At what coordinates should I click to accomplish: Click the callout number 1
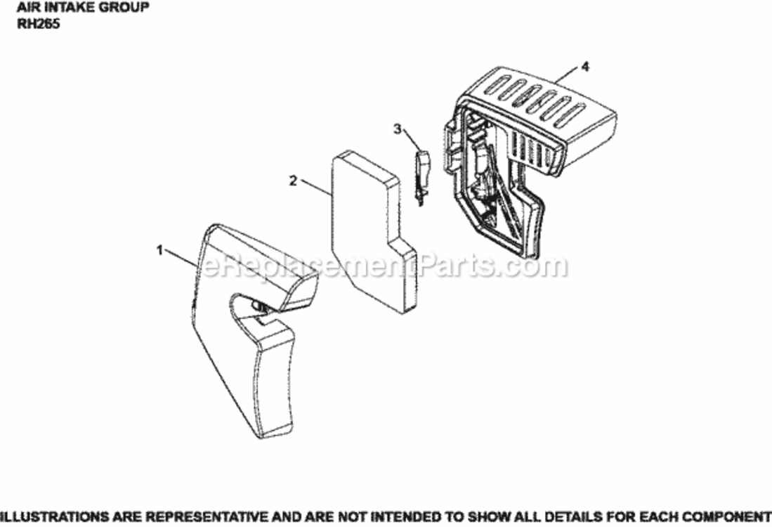point(160,250)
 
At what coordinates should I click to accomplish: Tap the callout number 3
point(398,129)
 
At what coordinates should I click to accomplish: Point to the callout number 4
point(585,67)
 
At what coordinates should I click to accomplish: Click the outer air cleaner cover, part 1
point(239,351)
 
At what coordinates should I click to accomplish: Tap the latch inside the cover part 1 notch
point(256,306)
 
